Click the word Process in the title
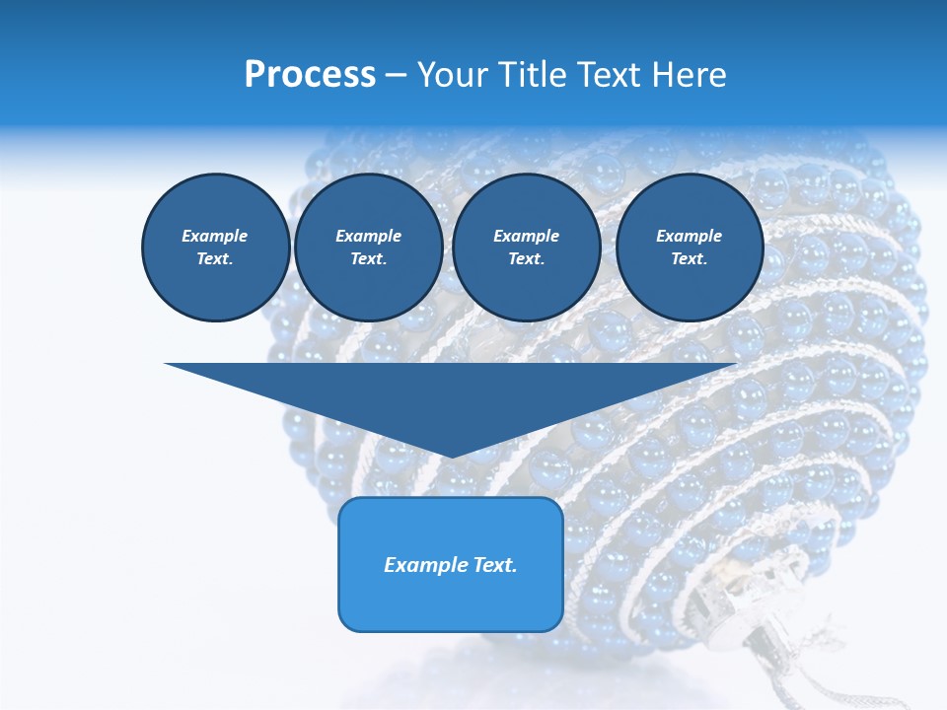click(310, 75)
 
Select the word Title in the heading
click(542, 75)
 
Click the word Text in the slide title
click(614, 75)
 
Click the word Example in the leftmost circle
click(214, 236)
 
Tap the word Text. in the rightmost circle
click(689, 258)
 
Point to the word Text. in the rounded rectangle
click(496, 565)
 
